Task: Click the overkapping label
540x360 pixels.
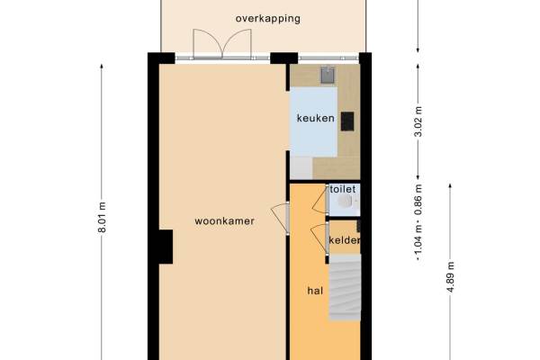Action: click(x=267, y=19)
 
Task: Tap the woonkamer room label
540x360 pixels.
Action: click(x=224, y=220)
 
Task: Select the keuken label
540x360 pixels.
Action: click(x=316, y=118)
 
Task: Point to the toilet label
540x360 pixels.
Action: click(x=343, y=189)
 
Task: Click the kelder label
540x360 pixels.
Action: click(x=345, y=240)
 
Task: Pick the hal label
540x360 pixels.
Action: click(x=315, y=291)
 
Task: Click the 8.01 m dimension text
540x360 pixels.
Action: click(x=102, y=218)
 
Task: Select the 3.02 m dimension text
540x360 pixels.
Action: click(x=418, y=121)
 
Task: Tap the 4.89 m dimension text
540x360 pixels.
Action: click(x=451, y=277)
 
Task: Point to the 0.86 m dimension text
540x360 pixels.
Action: click(x=418, y=200)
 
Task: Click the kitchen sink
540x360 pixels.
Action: click(x=328, y=75)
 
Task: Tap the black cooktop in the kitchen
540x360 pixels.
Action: click(x=347, y=121)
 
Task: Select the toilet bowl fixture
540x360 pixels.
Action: click(x=346, y=201)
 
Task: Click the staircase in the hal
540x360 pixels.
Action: click(x=345, y=288)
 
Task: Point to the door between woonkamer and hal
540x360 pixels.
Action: click(x=281, y=218)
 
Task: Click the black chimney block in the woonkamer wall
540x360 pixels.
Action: click(x=166, y=247)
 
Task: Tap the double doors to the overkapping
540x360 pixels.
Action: click(x=222, y=44)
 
